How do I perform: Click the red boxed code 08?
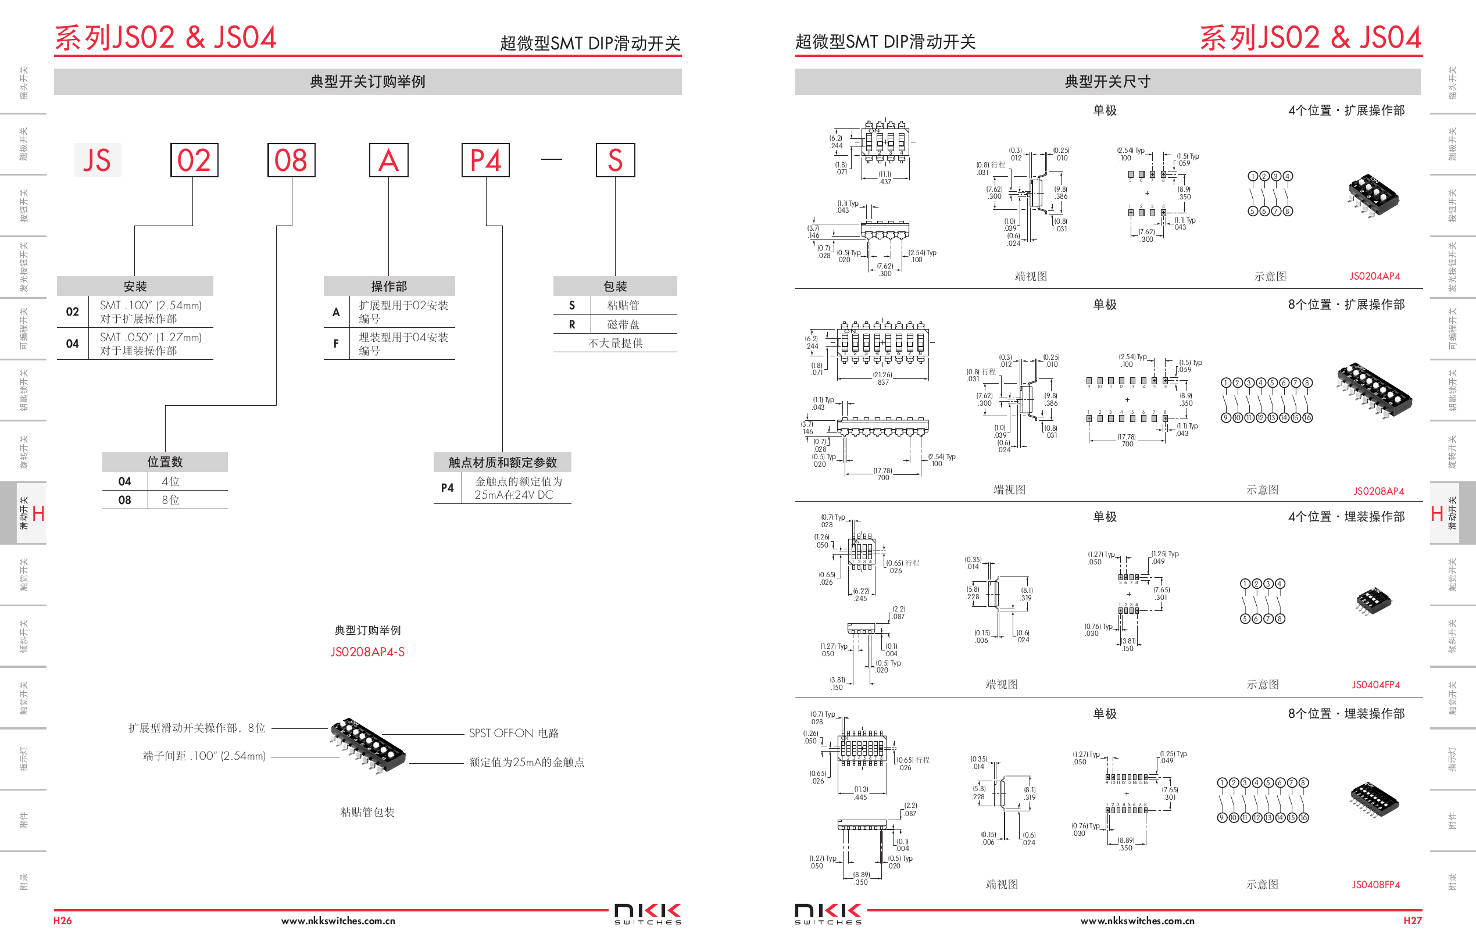coord(291,160)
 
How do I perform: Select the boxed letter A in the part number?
coord(388,160)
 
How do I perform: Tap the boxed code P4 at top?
coord(485,160)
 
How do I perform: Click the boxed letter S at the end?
coord(616,160)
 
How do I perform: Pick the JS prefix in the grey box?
coord(97,160)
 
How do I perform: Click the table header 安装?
coord(135,286)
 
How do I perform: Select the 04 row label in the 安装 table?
coord(72,344)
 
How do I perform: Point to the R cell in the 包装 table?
coord(572,324)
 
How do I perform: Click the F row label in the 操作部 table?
coord(336,344)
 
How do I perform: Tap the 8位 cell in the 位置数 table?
coord(170,500)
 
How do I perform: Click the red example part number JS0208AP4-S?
coord(367,652)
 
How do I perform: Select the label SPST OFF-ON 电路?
coord(514,733)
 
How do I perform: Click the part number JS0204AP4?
coord(1374,277)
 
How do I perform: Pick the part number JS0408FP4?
coord(1375,885)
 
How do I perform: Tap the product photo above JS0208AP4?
coord(1374,391)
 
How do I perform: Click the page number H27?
coord(1412,921)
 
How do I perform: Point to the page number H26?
coord(63,921)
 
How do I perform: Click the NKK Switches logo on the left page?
coord(647,913)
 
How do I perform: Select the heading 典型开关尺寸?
coord(1107,81)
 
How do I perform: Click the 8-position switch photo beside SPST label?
coord(368,745)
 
